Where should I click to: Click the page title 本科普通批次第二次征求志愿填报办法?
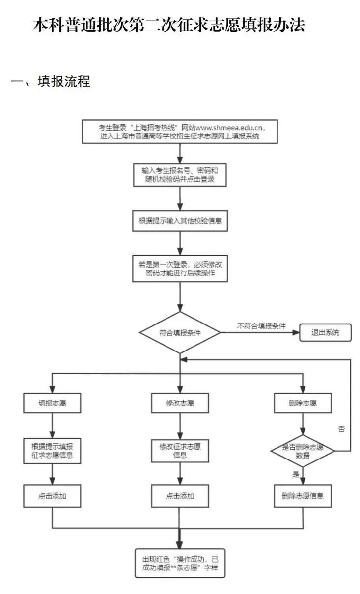click(168, 25)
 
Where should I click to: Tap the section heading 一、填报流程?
click(51, 81)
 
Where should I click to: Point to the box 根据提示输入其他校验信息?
click(180, 221)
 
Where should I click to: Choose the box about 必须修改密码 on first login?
click(180, 268)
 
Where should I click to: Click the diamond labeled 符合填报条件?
click(180, 332)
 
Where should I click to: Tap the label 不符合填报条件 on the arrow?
click(261, 325)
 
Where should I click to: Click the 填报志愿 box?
click(53, 404)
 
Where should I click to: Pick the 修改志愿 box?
click(180, 404)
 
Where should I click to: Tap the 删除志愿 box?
click(303, 404)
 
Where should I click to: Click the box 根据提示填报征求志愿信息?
click(53, 450)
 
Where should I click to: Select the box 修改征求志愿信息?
click(180, 450)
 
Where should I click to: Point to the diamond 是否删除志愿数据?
click(303, 451)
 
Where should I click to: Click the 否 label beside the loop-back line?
click(341, 429)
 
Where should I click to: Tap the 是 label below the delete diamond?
click(296, 474)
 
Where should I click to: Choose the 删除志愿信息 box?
click(303, 496)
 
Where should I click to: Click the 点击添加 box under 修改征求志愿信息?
click(180, 496)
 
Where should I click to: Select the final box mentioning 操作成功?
click(180, 563)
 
